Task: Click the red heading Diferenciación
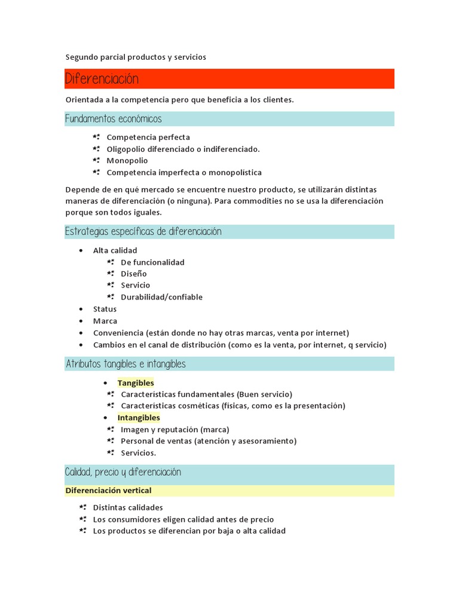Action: click(102, 79)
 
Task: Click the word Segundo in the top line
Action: click(81, 57)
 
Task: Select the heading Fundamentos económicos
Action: click(114, 119)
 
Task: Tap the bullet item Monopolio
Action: click(127, 161)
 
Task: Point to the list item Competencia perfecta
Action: click(148, 137)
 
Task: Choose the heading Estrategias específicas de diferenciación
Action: click(143, 232)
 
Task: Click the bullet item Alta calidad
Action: click(115, 250)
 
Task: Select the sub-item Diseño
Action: click(133, 274)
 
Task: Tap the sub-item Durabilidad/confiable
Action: click(161, 297)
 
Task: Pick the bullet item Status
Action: click(105, 309)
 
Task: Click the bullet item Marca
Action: click(105, 321)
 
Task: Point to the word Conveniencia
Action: click(119, 333)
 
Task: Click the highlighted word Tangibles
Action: click(136, 383)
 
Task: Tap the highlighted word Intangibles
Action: click(139, 418)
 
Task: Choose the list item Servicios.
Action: click(138, 453)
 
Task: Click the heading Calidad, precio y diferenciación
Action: click(123, 473)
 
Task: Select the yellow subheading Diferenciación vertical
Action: click(108, 491)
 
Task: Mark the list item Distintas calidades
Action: click(128, 507)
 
